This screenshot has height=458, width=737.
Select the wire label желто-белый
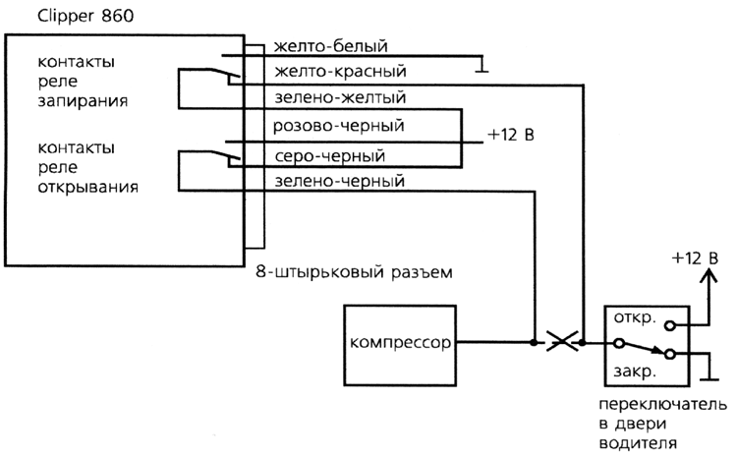[332, 46]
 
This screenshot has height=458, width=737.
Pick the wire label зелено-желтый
[338, 98]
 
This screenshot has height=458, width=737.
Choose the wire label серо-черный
[329, 155]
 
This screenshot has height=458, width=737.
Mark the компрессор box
[400, 344]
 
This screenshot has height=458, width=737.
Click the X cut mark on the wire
[561, 343]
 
